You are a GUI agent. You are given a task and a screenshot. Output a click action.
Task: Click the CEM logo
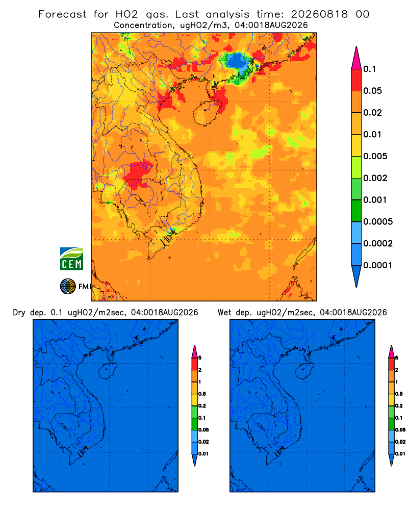point(71,259)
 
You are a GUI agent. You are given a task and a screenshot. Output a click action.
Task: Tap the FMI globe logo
point(68,286)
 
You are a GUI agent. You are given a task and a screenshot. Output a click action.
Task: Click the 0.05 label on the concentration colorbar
point(372,91)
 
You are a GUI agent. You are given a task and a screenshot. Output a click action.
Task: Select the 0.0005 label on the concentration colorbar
point(378,222)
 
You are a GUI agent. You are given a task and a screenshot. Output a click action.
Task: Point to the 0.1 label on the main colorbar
point(370,69)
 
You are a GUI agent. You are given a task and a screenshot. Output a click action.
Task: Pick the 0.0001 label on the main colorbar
point(378,265)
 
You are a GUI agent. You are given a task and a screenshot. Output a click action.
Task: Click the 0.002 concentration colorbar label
point(375,178)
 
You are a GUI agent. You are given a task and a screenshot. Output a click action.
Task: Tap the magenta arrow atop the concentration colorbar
point(356,58)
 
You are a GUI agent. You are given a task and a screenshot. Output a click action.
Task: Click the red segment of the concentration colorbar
point(356,80)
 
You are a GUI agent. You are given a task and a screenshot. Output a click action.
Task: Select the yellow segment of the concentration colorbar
point(356,145)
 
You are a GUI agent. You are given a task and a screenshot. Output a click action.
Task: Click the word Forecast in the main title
point(62,14)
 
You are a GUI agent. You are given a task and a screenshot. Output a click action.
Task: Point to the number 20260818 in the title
point(319,14)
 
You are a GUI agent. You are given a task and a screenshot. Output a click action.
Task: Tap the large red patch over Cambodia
point(138,175)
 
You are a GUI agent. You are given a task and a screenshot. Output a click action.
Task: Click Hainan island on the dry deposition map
point(107,371)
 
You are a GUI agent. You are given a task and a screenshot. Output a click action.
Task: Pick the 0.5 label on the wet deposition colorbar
point(398,394)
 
